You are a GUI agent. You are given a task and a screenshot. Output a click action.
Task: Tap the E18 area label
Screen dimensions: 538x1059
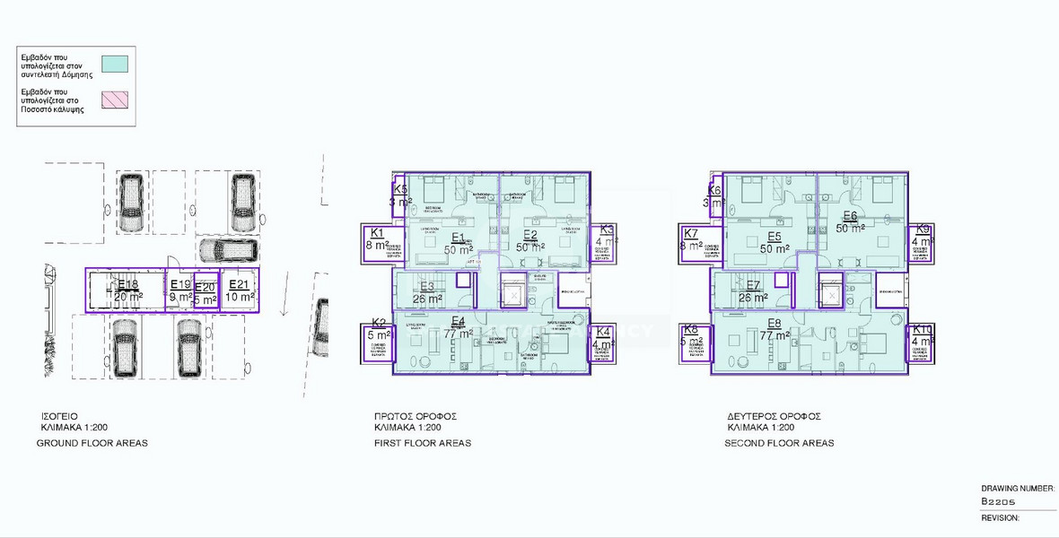coord(128,286)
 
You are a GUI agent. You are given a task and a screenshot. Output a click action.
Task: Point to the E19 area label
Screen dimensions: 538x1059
coord(179,286)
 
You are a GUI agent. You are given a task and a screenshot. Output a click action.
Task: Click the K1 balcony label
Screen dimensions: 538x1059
coord(375,234)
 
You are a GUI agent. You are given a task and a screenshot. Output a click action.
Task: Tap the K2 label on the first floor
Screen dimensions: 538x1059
coord(379,324)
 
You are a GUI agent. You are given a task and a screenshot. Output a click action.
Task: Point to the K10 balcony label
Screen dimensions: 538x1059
coord(922,330)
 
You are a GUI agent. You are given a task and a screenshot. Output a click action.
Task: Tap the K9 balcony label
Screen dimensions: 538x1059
coord(923,230)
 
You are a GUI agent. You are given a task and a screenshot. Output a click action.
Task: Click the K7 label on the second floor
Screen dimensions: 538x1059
coord(690,234)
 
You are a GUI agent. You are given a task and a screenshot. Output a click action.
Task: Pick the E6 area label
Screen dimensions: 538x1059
coord(850,216)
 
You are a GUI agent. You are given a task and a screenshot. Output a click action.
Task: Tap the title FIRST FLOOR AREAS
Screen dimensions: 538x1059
coord(422,443)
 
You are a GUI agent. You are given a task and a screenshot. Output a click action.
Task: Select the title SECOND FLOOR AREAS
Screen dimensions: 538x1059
coord(779,443)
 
